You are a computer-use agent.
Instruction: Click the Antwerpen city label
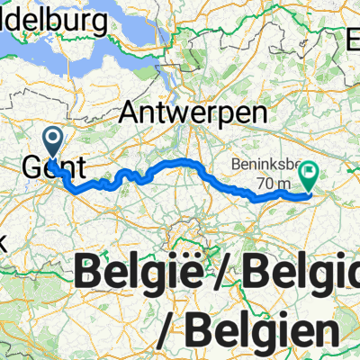point(193,115)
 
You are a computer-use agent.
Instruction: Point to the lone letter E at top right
point(353,39)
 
